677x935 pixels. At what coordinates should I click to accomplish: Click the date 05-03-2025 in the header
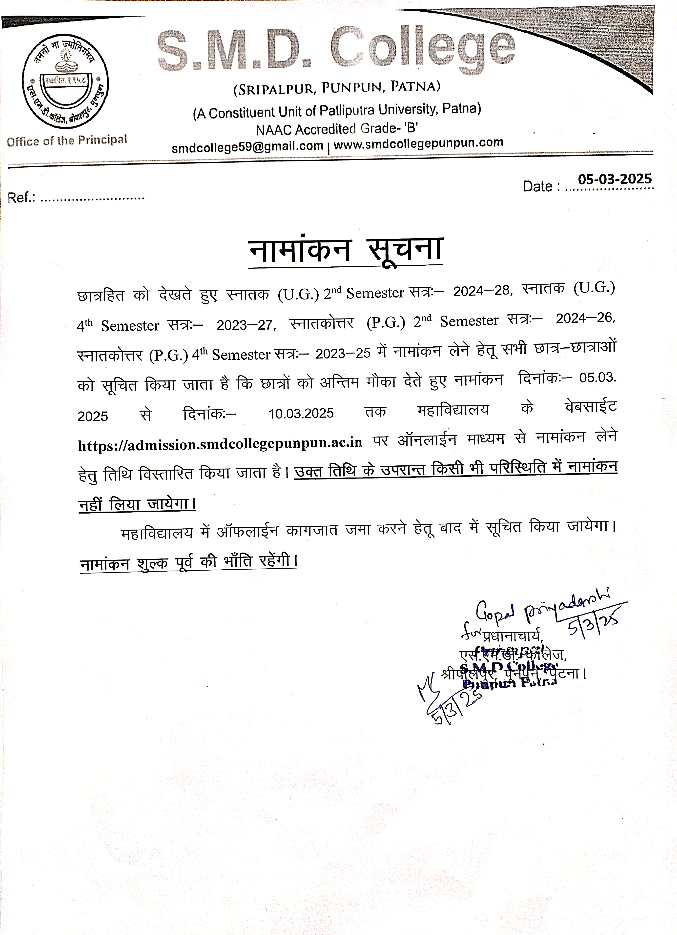coord(614,179)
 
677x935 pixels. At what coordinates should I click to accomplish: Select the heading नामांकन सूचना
coord(346,250)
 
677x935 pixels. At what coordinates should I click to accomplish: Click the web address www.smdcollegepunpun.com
coord(418,143)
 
